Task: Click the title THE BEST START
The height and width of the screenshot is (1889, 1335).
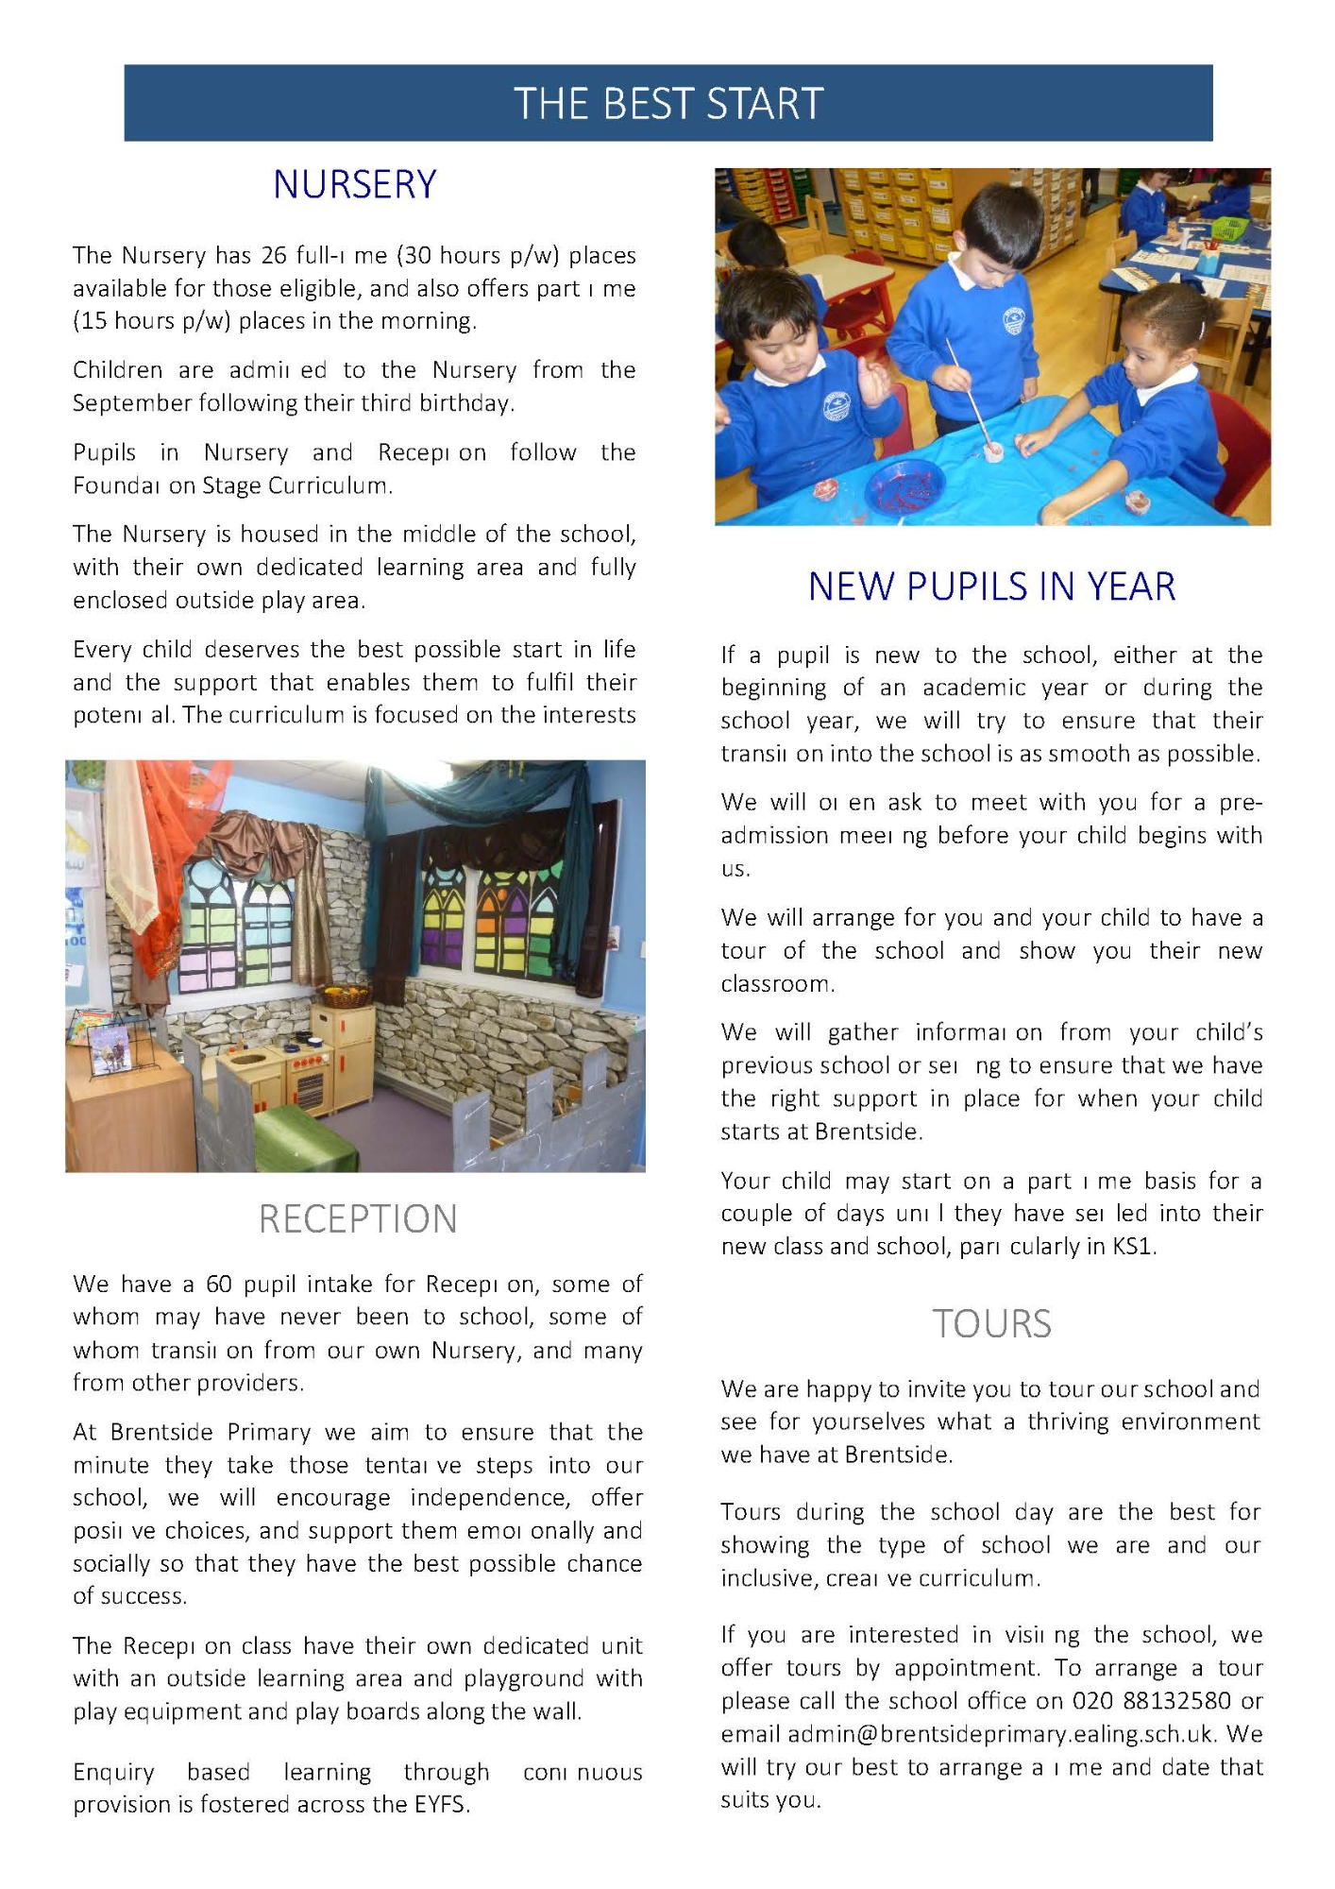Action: (x=667, y=103)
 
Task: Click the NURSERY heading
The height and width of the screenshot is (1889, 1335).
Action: (x=355, y=184)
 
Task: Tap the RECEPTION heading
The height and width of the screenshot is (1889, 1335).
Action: (x=358, y=1218)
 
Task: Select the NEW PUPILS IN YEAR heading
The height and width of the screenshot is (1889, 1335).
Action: (x=991, y=587)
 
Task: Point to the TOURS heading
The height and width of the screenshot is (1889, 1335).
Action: (x=991, y=1323)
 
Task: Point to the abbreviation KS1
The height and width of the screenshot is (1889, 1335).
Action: (x=1132, y=1246)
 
